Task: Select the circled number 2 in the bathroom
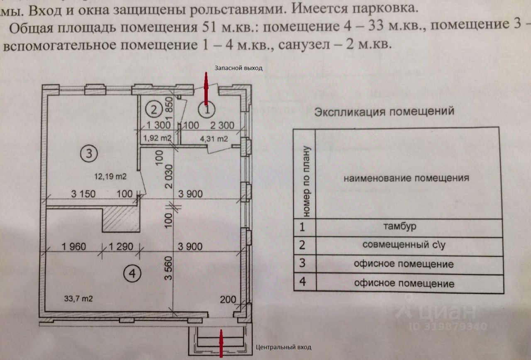tap(154, 110)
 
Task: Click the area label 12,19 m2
tap(111, 176)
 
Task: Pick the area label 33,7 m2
tap(78, 297)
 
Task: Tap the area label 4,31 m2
tap(214, 139)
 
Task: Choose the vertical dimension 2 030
tap(168, 175)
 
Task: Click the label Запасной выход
tap(239, 68)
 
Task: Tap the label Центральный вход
tap(284, 347)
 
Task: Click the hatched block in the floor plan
tap(121, 219)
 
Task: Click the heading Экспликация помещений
tap(385, 112)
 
